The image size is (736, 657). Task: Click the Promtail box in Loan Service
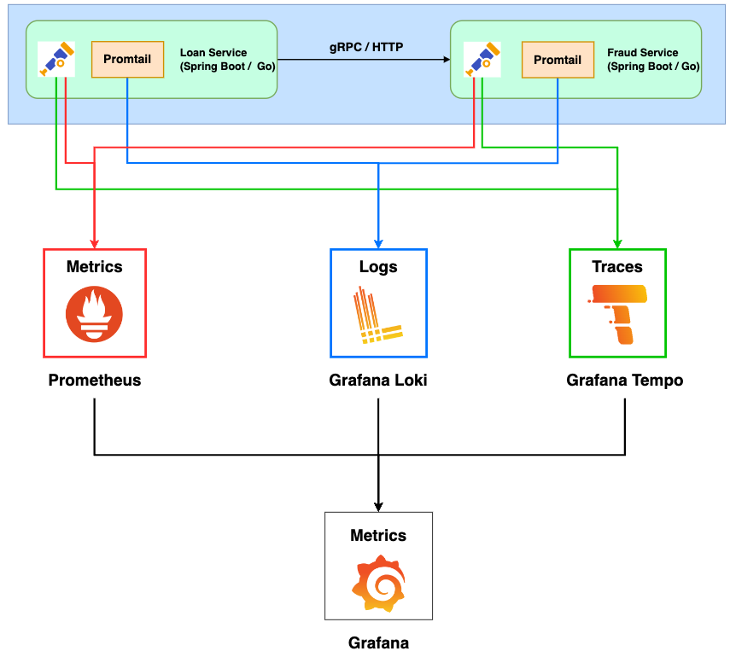point(127,59)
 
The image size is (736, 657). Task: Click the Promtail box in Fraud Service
point(558,60)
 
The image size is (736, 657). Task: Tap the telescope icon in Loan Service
point(56,60)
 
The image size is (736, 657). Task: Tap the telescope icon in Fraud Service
point(481,60)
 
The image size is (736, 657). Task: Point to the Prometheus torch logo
point(94,314)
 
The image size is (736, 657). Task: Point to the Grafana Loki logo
point(377,316)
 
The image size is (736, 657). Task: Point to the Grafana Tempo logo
point(618,314)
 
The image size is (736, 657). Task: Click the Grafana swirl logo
point(378,582)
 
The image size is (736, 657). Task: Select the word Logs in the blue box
point(378,267)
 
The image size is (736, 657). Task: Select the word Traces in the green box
point(617,267)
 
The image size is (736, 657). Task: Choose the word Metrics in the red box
point(94,267)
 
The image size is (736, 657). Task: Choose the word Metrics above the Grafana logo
point(378,536)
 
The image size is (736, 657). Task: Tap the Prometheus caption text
point(94,381)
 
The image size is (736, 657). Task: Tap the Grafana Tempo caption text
point(624,381)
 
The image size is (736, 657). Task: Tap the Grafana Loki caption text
point(378,381)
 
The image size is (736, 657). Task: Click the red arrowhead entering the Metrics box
point(94,242)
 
